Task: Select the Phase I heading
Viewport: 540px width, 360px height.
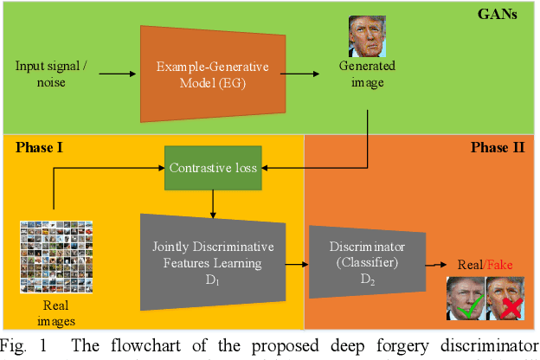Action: (41, 147)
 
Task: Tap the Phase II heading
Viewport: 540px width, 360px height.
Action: (497, 147)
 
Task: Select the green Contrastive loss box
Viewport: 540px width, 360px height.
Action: (213, 167)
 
